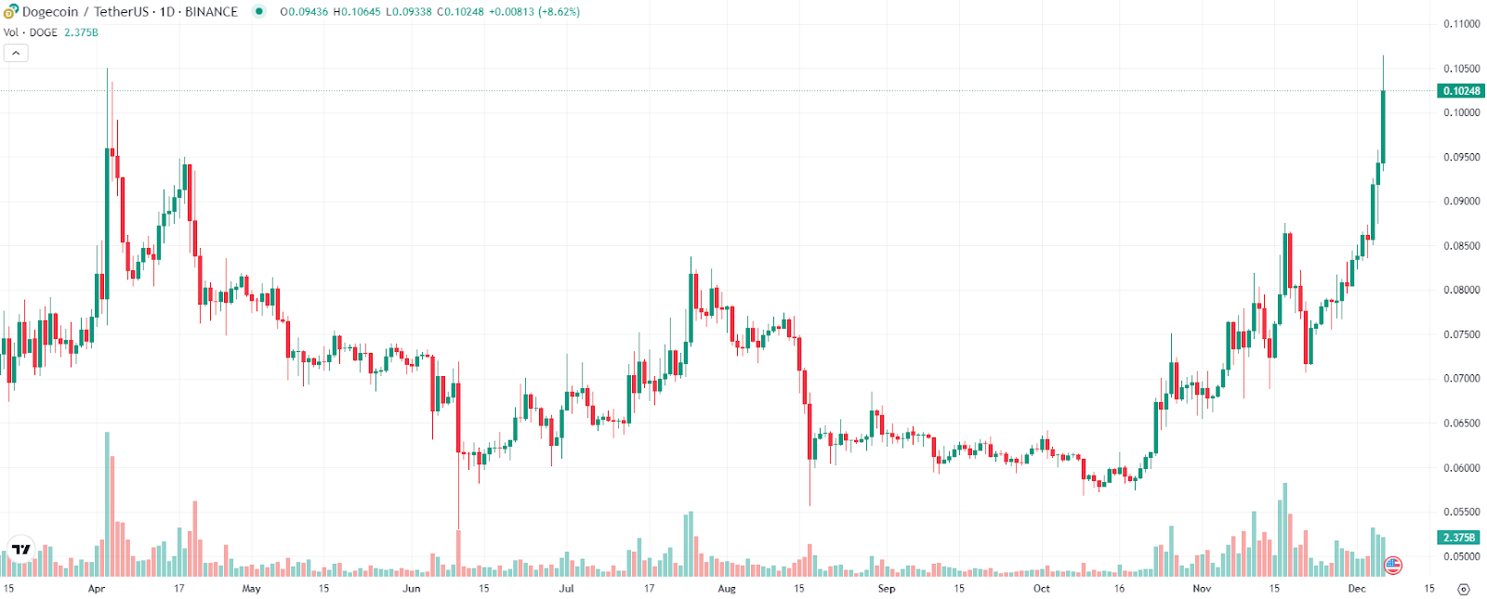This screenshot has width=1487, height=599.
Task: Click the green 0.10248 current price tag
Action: click(1461, 91)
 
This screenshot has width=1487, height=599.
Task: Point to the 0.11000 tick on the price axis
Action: click(1461, 24)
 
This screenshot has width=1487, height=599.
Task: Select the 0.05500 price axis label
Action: click(1461, 512)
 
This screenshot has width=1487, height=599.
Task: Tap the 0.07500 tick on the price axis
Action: click(1461, 334)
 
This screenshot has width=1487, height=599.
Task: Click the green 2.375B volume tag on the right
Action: click(1461, 538)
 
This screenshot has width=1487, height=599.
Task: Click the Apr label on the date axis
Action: click(97, 588)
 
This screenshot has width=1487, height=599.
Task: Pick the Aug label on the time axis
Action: click(727, 588)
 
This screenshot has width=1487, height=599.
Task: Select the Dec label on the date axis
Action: click(1357, 588)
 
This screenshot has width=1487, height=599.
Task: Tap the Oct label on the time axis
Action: click(1042, 588)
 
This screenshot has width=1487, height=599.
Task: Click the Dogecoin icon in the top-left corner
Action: click(11, 12)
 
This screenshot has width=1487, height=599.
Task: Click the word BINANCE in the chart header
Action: click(211, 12)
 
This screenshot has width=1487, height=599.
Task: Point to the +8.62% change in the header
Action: click(559, 12)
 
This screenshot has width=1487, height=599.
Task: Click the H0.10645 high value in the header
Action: click(356, 12)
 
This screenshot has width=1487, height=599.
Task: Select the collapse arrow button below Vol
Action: click(16, 53)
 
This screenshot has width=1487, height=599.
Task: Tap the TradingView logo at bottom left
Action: click(20, 550)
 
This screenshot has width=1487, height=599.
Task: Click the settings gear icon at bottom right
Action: click(1464, 589)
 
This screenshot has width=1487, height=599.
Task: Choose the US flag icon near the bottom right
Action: click(1393, 565)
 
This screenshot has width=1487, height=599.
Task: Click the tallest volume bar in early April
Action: click(107, 504)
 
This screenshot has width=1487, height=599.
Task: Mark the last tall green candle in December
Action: click(1383, 126)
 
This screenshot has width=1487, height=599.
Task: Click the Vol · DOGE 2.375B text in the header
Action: click(51, 33)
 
